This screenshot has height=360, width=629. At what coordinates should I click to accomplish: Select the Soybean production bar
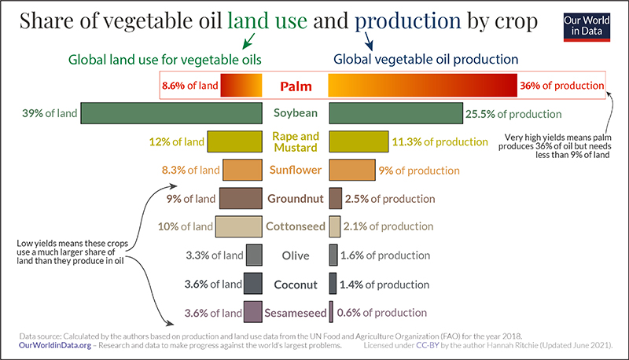tap(395, 113)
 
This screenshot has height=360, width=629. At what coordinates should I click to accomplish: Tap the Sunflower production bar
tap(351, 170)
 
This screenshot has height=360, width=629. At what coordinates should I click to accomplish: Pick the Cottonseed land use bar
tap(238, 226)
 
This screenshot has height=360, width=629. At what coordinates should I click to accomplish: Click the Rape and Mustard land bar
tap(234, 141)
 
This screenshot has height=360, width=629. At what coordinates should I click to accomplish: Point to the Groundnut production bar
tap(335, 198)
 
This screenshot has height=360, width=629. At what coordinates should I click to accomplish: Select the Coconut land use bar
tap(253, 284)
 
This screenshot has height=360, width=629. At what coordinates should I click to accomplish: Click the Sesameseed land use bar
tap(252, 312)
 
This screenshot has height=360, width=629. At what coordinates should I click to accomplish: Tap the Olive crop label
tap(295, 255)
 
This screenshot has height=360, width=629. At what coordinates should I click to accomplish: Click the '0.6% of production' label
tap(381, 312)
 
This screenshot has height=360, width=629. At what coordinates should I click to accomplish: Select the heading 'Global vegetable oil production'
tap(425, 59)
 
